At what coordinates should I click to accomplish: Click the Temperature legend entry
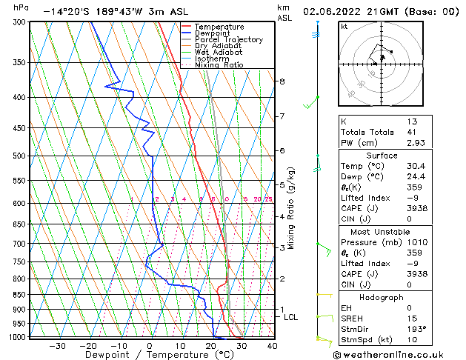220,27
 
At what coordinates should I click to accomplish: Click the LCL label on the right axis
291,317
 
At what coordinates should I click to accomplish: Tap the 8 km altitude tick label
282,81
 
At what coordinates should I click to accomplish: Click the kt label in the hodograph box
344,26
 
